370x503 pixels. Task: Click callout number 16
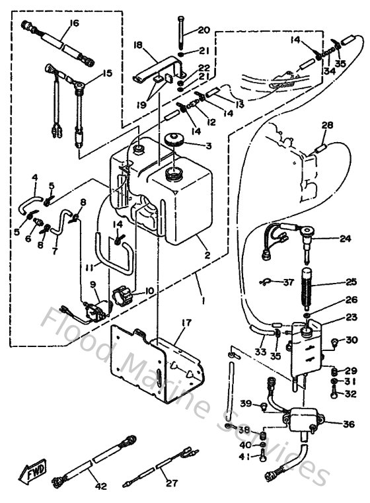tap(73, 23)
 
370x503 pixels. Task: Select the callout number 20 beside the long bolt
tap(203, 30)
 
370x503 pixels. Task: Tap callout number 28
tap(326, 125)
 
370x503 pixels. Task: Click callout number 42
tap(100, 487)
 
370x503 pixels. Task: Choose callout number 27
tap(172, 483)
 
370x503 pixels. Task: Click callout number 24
tap(345, 239)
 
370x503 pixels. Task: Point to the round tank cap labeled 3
tap(175, 140)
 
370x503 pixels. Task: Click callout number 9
tap(93, 285)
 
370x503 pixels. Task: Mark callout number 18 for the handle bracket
tap(137, 45)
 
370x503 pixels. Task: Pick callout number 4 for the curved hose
tap(35, 176)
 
